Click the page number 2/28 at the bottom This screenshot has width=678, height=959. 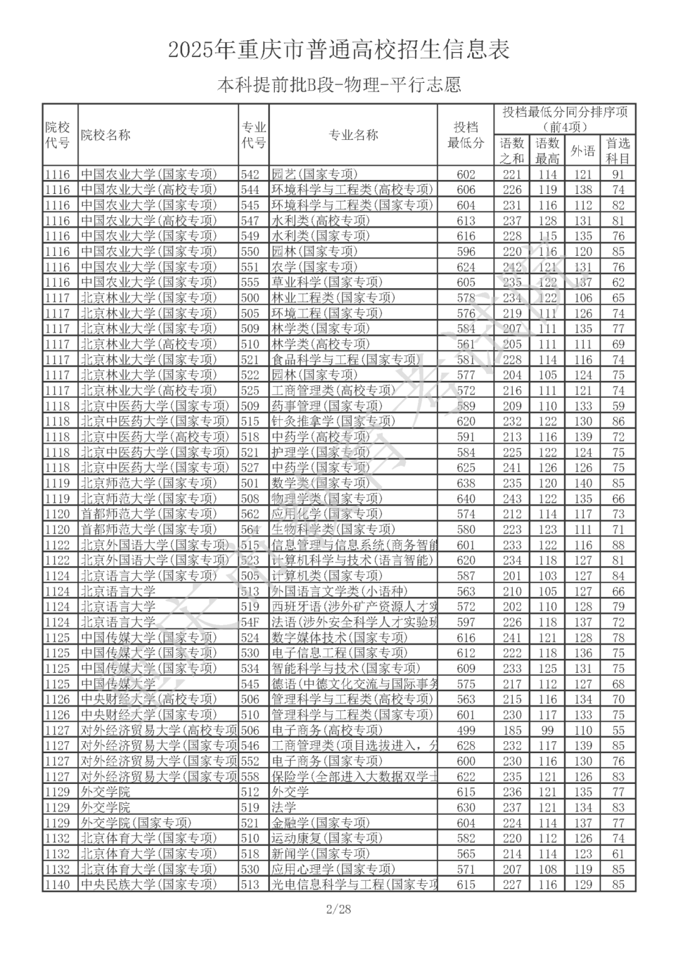[338, 909]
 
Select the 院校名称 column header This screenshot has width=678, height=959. [105, 135]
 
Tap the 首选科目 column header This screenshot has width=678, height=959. [618, 151]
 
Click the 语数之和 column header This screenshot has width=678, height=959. [512, 151]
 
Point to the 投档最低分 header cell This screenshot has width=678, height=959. [466, 135]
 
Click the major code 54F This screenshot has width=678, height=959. [250, 622]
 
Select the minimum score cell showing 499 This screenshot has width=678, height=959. [466, 730]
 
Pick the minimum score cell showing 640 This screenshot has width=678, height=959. [466, 498]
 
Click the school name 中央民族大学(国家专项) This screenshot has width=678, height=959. [148, 884]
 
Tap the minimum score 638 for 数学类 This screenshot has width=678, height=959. [466, 483]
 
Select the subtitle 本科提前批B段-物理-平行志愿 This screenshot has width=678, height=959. [339, 85]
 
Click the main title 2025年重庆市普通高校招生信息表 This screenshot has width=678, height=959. [339, 50]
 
